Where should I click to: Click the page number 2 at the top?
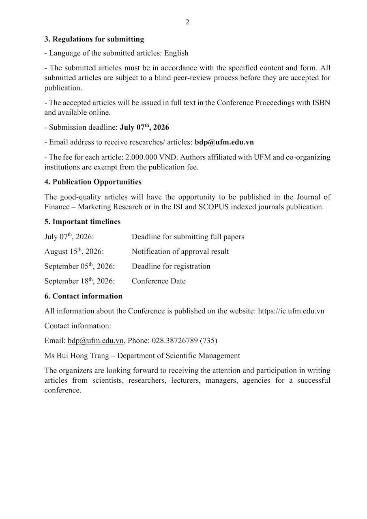187,22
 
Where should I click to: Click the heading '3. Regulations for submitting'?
94,39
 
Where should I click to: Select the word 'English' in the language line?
176,53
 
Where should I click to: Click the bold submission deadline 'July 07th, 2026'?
144,127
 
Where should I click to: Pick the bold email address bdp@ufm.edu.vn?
224,142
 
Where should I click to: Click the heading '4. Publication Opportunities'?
93,182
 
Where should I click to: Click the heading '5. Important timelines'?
82,222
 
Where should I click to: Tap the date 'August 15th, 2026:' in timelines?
74,252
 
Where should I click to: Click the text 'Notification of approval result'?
180,252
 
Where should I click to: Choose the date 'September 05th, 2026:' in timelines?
79,266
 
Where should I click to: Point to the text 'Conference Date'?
159,281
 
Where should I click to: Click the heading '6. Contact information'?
83,296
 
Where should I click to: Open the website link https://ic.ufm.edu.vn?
291,311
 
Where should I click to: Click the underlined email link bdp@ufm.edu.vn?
96,341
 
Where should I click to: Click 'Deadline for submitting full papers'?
188,237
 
